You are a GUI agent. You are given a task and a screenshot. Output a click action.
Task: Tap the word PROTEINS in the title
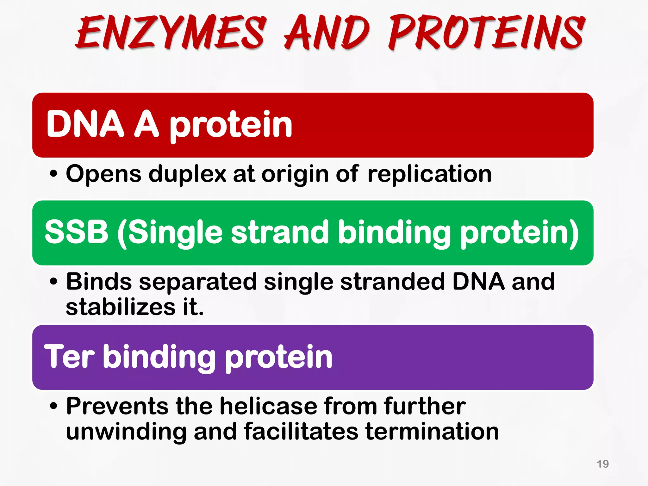[x=487, y=33]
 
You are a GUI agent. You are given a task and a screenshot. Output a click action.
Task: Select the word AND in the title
[x=327, y=33]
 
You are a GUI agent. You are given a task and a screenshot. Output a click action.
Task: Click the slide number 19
[x=602, y=464]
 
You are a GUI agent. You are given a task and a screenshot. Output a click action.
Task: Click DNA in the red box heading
[x=85, y=124]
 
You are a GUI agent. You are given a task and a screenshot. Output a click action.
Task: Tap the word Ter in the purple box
[x=69, y=357]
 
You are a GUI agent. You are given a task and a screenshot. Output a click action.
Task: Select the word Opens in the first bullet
[x=103, y=174]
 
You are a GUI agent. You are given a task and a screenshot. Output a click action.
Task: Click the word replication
[x=429, y=174]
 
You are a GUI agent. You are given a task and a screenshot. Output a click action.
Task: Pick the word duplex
[x=187, y=174]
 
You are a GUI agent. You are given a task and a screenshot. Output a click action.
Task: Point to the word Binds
[x=99, y=282]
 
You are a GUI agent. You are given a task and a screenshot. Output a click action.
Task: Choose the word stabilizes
[x=121, y=307]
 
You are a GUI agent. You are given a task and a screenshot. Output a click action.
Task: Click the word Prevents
[x=117, y=406]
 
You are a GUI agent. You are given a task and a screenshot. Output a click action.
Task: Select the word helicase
[x=268, y=406]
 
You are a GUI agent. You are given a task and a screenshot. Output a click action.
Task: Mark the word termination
[x=432, y=432]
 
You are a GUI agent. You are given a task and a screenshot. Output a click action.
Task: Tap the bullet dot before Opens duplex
[x=54, y=174]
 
